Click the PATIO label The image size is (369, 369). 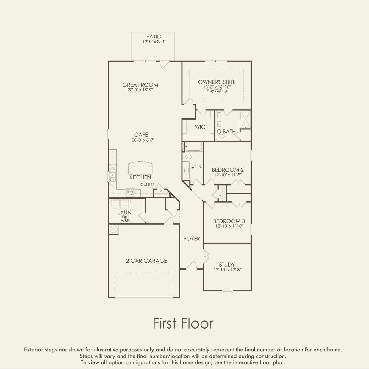(154, 36)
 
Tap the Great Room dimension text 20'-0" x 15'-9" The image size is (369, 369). (140, 90)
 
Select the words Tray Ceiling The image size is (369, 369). (217, 91)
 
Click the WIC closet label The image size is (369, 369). (200, 127)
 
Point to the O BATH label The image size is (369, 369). (226, 132)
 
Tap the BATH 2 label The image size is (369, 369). (195, 167)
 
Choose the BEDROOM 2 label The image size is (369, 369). (228, 170)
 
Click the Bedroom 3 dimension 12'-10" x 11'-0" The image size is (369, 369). (229, 226)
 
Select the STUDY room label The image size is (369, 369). (227, 265)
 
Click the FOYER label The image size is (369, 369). (192, 239)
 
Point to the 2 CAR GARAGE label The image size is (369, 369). (146, 261)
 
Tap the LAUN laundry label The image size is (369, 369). (124, 212)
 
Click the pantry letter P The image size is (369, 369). (161, 191)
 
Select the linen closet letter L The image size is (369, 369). (220, 194)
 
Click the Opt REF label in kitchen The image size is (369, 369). (147, 185)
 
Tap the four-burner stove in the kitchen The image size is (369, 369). (130, 192)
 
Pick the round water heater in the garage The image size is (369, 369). (114, 229)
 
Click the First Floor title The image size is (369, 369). (183, 323)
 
